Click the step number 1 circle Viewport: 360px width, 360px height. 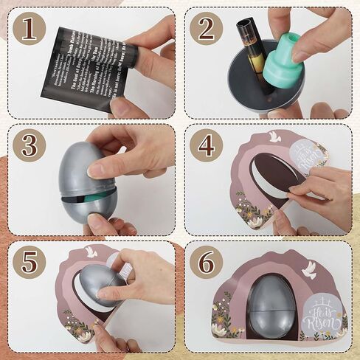(29, 29)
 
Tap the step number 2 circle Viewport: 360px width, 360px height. (206, 29)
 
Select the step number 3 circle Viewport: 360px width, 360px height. (29, 145)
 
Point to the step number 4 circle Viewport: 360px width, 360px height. (206, 145)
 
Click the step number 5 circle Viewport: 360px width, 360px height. (29, 263)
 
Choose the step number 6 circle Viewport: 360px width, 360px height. (206, 263)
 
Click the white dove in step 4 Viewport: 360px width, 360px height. (274, 136)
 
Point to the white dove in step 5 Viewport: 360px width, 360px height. (91, 252)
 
